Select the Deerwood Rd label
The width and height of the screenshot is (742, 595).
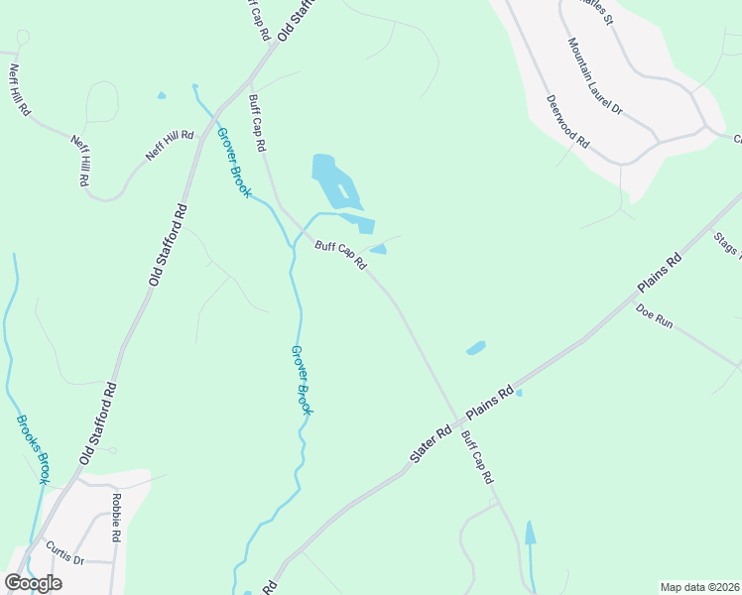(568, 122)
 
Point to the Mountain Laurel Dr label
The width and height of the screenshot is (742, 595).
(594, 77)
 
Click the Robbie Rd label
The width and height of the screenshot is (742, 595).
(117, 517)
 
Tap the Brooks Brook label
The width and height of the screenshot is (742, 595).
(32, 448)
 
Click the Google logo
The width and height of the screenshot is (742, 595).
(33, 583)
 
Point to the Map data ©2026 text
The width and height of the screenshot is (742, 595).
(700, 587)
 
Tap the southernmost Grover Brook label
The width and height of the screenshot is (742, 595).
(303, 379)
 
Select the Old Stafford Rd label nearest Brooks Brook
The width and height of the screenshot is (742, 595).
(99, 421)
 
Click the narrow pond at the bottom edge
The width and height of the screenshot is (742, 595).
(530, 534)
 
